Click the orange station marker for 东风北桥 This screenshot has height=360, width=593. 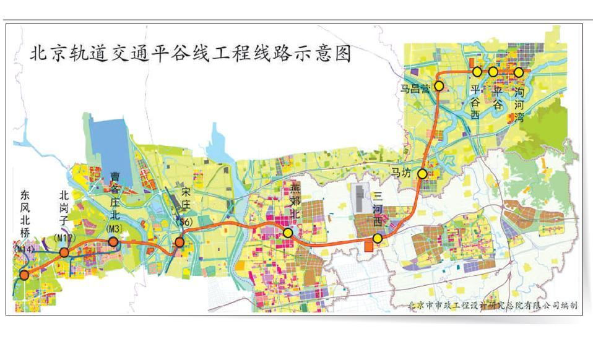tap(24, 275)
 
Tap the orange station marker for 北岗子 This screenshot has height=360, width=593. tap(64, 252)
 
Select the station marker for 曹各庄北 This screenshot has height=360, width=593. tap(113, 242)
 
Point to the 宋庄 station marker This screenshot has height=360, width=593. tap(180, 242)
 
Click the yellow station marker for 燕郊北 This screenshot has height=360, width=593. tap(288, 233)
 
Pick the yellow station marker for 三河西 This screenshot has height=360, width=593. tap(377, 238)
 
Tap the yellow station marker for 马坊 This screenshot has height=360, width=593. tap(422, 174)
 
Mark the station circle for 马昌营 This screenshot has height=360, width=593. tap(439, 86)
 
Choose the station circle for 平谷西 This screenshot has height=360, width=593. tap(477, 72)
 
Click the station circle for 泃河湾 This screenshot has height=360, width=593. tap(519, 72)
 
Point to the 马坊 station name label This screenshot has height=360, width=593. tap(400, 173)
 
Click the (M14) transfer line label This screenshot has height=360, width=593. tap(23, 249)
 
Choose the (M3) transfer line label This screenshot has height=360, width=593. tap(113, 228)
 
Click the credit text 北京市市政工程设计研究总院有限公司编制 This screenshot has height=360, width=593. tap(493, 305)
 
